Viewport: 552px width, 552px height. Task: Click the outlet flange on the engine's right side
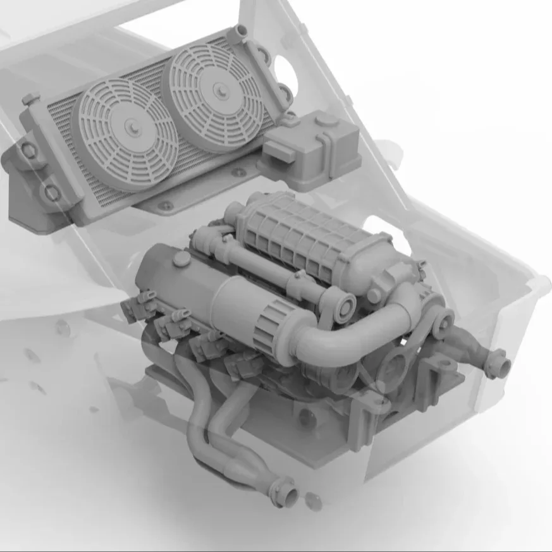(x=500, y=362)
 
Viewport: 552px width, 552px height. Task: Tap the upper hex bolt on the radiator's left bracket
(x=28, y=150)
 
